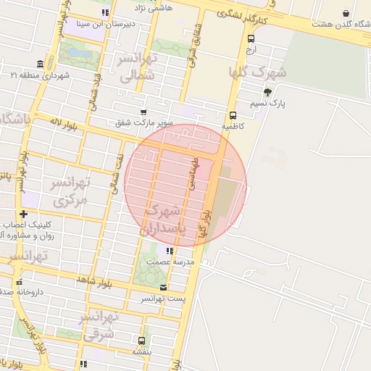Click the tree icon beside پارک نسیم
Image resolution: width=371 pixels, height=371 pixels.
click(x=268, y=92)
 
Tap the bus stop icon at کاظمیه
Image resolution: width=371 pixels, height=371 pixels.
click(x=233, y=115)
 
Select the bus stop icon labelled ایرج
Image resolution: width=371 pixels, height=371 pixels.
click(x=251, y=39)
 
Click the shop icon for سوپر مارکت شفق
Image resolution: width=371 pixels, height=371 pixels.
click(x=143, y=112)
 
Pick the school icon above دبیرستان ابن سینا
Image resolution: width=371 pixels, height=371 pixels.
click(x=105, y=12)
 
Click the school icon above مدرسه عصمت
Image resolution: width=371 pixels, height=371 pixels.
click(x=170, y=251)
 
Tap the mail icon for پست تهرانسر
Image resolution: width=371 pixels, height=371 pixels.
click(x=163, y=288)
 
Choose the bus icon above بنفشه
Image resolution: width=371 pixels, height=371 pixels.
click(x=141, y=341)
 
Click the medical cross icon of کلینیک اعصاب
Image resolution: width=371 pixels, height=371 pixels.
click(x=25, y=214)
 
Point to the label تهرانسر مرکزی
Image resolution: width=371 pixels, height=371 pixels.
click(x=69, y=190)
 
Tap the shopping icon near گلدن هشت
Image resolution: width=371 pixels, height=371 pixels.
click(x=345, y=13)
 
